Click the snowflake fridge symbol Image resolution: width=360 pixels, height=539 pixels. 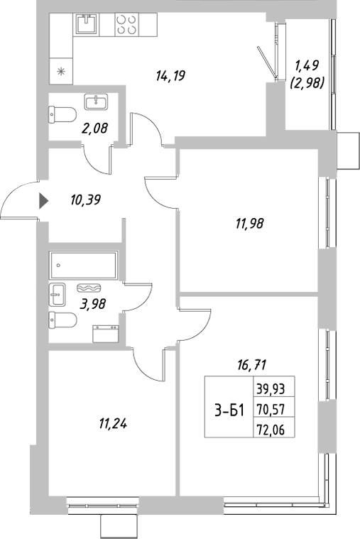click(61, 70)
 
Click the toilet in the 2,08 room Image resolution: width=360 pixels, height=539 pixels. click(63, 113)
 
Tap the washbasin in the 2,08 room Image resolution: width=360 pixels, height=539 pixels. click(95, 102)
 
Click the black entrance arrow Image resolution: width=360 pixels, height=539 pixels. click(43, 201)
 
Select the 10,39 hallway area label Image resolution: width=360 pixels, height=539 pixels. click(85, 200)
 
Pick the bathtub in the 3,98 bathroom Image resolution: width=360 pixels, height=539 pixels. click(84, 266)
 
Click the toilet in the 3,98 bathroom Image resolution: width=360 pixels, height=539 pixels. click(62, 320)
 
